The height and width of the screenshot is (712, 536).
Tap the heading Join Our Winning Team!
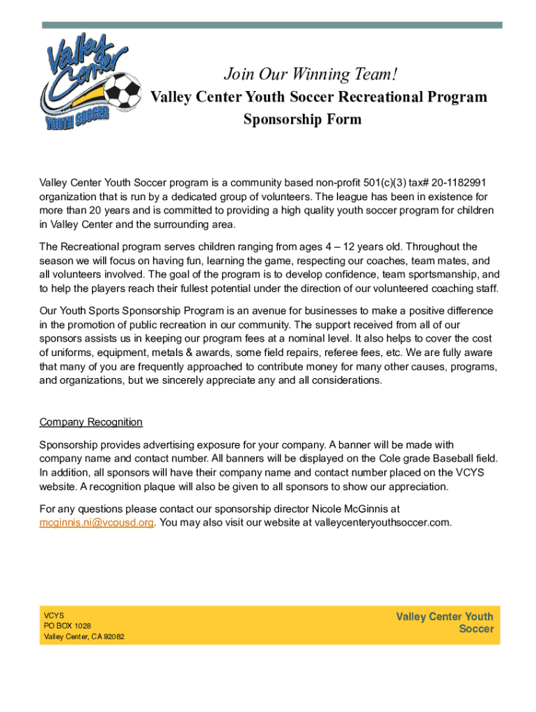(311, 73)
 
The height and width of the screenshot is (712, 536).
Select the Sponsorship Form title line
(302, 120)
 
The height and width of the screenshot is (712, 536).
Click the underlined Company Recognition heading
(91, 422)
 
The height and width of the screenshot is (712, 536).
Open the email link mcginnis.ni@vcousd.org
(96, 522)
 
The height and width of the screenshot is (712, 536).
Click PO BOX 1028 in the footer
(68, 626)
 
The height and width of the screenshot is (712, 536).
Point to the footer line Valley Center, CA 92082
(84, 637)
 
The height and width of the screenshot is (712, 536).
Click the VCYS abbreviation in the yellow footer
(54, 615)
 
